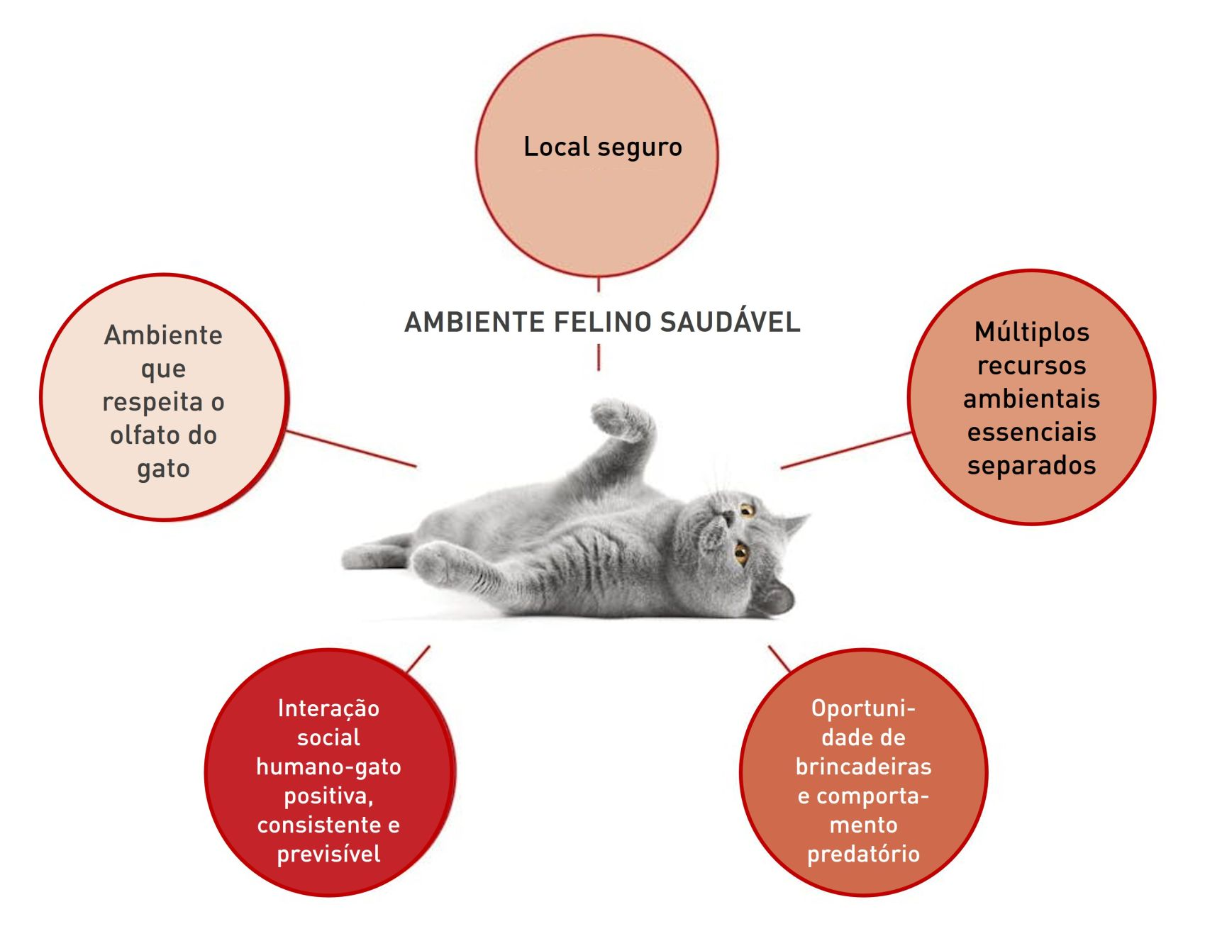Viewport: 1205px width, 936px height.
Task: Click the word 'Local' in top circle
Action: pyautogui.click(x=557, y=147)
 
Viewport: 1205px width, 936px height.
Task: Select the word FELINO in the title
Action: pyautogui.click(x=602, y=322)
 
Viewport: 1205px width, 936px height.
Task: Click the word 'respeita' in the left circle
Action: pyautogui.click(x=153, y=401)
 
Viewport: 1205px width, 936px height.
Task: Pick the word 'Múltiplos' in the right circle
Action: pyautogui.click(x=1031, y=332)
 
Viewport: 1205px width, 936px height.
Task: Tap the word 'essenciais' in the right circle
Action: pyautogui.click(x=1031, y=432)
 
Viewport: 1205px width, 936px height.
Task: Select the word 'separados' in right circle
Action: pyautogui.click(x=1031, y=465)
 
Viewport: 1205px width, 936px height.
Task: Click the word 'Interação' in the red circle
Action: pyautogui.click(x=328, y=708)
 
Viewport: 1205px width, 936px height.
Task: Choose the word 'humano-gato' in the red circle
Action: pyautogui.click(x=328, y=767)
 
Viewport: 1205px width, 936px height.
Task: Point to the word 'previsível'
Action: pyautogui.click(x=328, y=854)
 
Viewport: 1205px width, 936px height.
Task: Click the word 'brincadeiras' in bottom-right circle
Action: pyautogui.click(x=863, y=767)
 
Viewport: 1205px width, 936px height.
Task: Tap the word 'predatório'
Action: pyautogui.click(x=863, y=854)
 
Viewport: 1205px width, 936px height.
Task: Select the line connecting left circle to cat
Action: pyautogui.click(x=351, y=448)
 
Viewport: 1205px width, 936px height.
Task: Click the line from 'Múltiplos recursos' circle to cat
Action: pyautogui.click(x=845, y=450)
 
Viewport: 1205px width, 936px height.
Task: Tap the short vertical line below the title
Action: pyautogui.click(x=599, y=357)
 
